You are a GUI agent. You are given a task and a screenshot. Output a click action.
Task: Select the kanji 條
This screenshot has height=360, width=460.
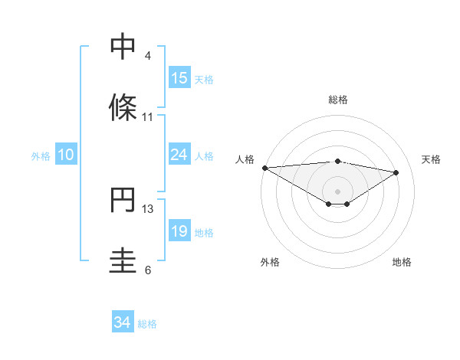click(123, 107)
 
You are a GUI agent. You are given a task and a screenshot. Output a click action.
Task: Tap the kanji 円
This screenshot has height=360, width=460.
click(123, 201)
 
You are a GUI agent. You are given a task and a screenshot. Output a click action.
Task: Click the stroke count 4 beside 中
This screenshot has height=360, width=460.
click(148, 56)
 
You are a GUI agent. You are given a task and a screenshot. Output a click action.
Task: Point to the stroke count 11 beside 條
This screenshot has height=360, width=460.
click(148, 117)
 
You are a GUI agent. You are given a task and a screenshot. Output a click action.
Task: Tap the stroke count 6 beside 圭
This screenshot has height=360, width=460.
click(148, 270)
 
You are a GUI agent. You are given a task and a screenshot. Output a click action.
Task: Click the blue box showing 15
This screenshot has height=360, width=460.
click(179, 78)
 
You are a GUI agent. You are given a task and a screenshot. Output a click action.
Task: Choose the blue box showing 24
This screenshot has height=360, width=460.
click(179, 155)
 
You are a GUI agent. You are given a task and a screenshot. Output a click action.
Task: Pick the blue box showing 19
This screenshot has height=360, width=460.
click(179, 231)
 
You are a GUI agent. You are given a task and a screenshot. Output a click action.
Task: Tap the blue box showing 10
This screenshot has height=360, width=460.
click(66, 155)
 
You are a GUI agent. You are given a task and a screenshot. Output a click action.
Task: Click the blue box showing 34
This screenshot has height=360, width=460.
click(123, 323)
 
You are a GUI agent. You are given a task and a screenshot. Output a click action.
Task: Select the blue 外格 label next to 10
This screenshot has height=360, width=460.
click(41, 155)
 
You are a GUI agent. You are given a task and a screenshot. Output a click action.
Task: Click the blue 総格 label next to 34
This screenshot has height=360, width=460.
click(147, 324)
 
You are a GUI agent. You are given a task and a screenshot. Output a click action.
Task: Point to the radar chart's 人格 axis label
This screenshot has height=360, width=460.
click(245, 159)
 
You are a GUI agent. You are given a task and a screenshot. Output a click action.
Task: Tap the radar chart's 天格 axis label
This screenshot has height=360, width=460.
click(431, 159)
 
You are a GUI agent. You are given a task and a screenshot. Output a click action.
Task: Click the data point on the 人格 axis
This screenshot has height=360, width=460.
click(264, 168)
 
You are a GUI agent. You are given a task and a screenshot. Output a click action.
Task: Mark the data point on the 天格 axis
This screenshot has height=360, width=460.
click(396, 172)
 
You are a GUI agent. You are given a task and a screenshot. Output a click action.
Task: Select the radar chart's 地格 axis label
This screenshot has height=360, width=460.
click(402, 262)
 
